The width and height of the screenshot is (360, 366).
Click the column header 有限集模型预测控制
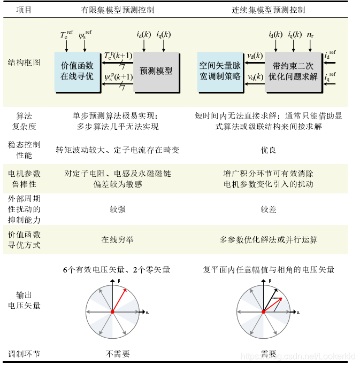(118, 10)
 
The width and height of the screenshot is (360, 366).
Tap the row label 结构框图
(24, 62)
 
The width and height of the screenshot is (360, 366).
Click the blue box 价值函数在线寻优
(77, 71)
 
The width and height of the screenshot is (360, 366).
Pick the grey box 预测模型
(156, 71)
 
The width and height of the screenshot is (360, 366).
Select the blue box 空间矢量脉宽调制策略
(220, 71)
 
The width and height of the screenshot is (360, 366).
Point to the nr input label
(310, 35)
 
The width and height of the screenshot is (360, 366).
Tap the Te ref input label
(67, 35)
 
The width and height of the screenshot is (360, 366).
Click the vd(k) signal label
(255, 55)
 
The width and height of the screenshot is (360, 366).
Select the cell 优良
(269, 150)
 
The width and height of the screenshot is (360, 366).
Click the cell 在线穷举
(117, 240)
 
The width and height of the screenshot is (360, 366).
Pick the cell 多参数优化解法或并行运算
(269, 240)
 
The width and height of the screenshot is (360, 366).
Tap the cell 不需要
(117, 354)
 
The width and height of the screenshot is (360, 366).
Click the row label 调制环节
(24, 354)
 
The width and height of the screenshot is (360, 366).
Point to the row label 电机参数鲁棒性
(24, 179)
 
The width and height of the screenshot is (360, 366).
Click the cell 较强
(117, 209)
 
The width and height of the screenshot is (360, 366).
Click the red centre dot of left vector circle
(112, 312)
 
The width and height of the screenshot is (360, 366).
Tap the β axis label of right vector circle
(270, 281)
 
